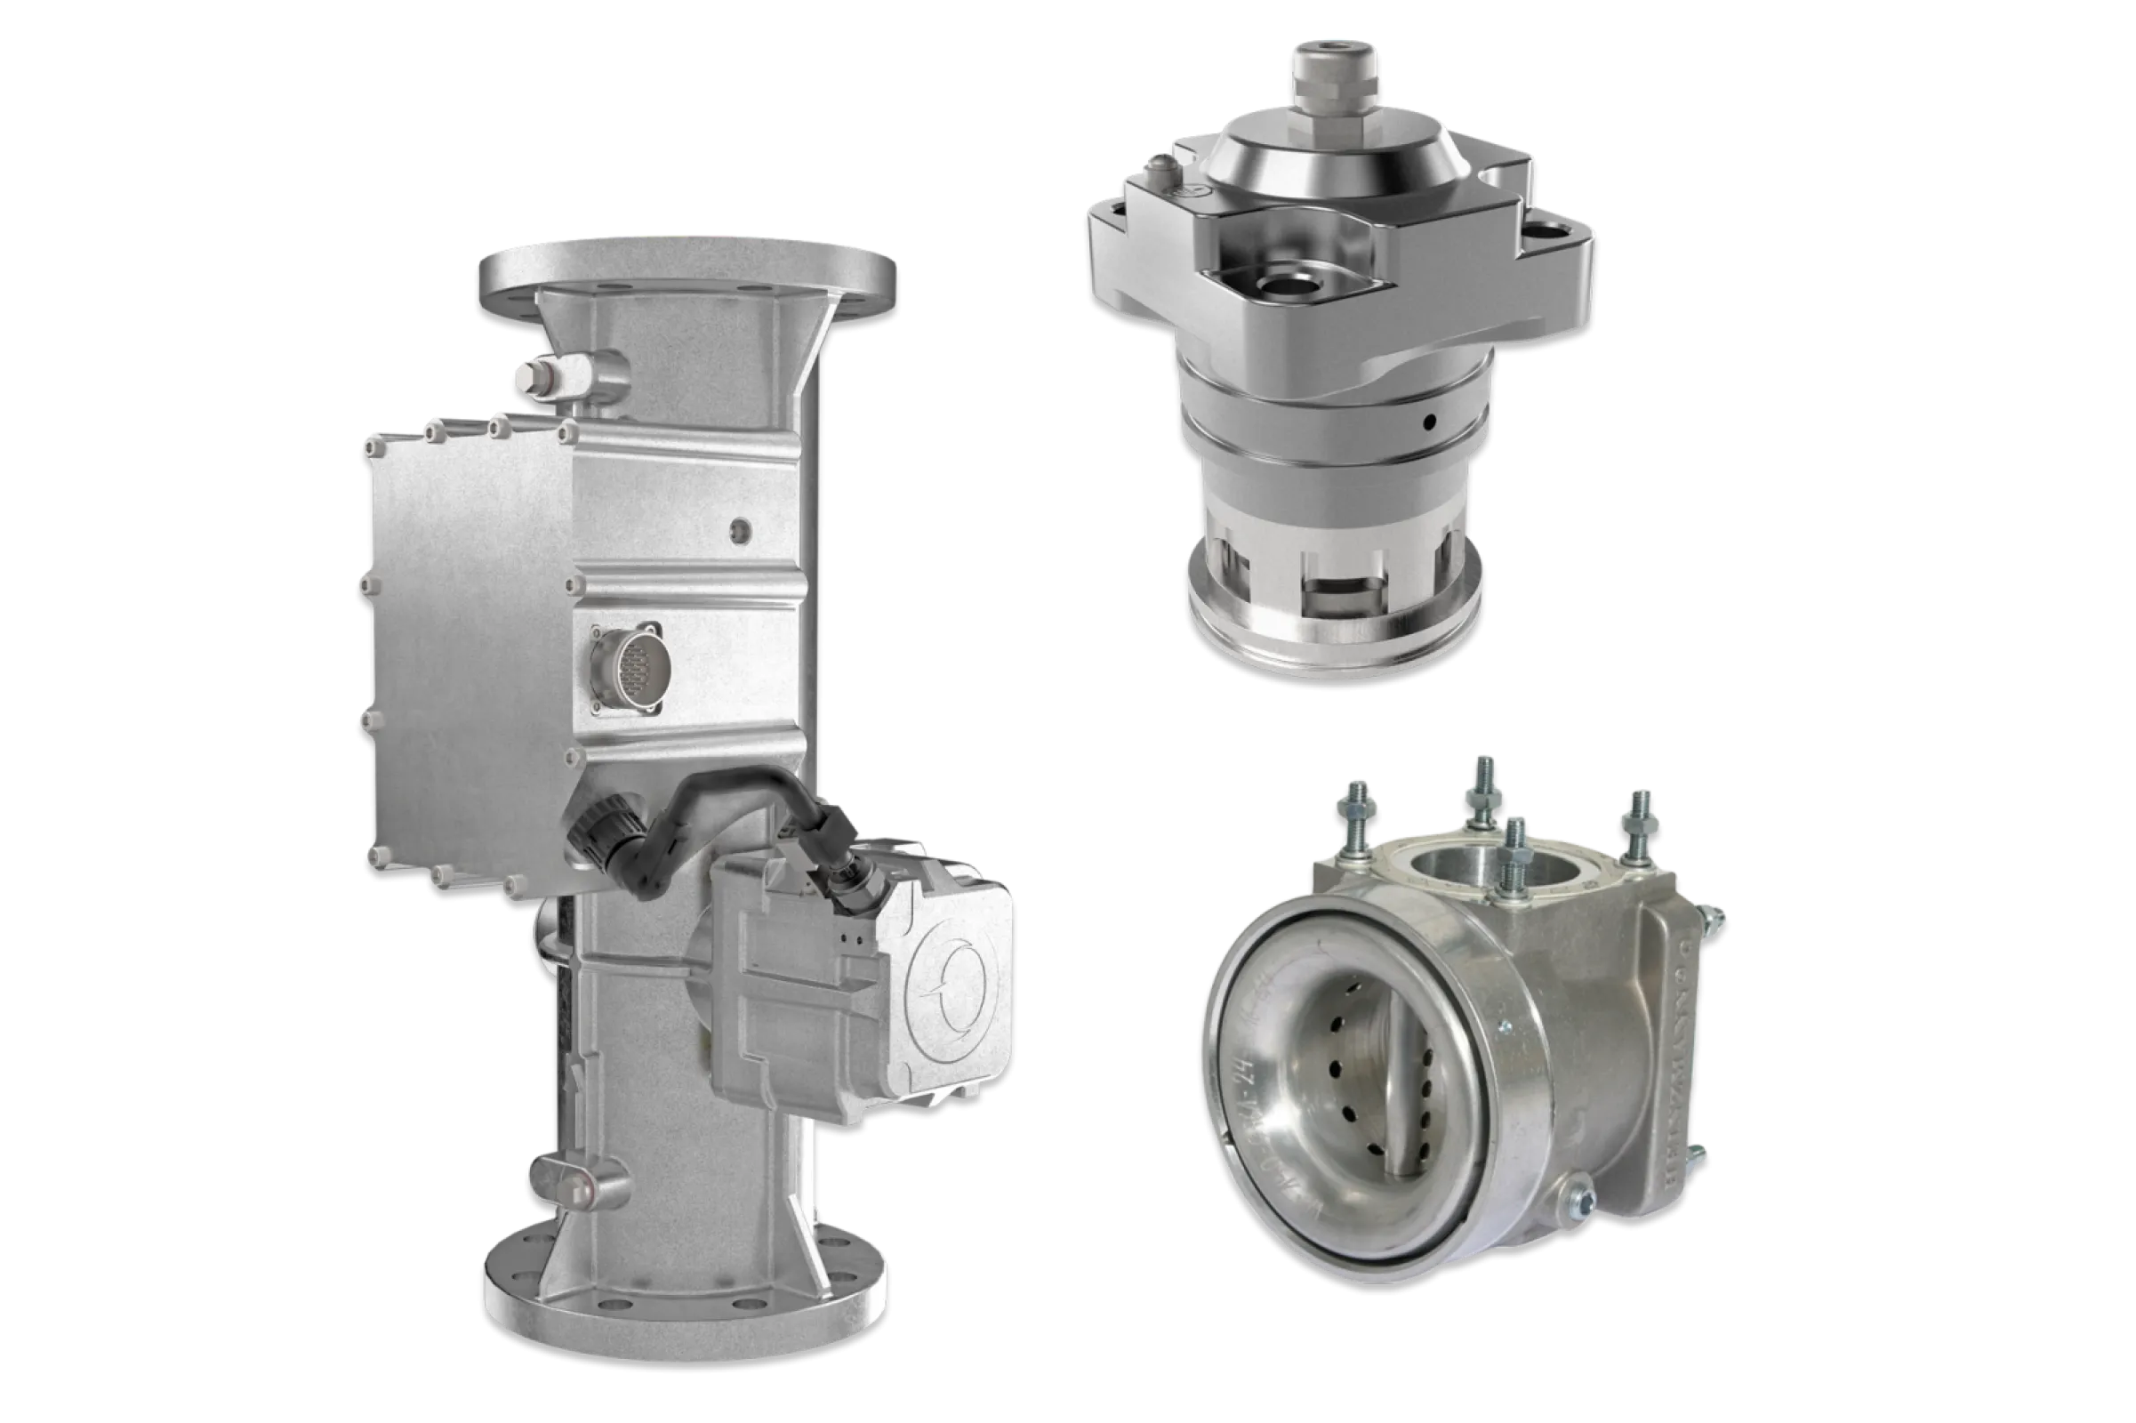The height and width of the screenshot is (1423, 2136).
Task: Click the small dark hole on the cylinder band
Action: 1430,422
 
